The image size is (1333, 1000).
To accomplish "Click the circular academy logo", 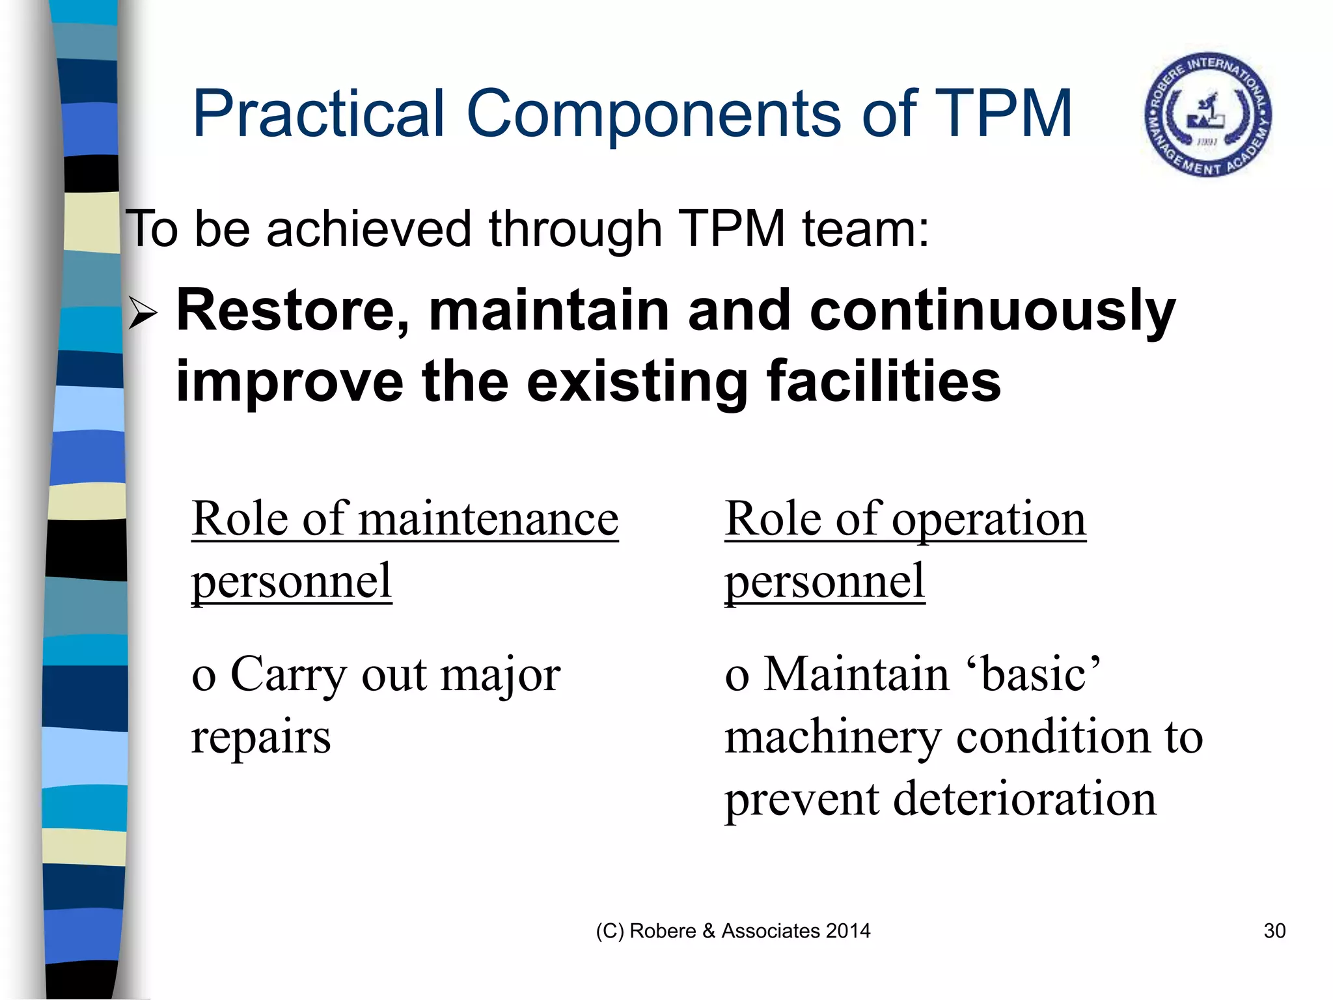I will [x=1208, y=115].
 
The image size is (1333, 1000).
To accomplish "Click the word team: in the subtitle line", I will [x=866, y=229].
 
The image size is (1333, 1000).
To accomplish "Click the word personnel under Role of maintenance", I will [x=292, y=581].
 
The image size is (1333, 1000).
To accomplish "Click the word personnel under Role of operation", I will [x=825, y=581].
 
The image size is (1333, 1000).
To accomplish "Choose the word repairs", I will [x=261, y=738].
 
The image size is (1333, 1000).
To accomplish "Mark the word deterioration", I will [x=1024, y=799].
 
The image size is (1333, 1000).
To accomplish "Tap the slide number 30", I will [x=1274, y=931].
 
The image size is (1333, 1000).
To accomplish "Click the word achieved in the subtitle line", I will [x=368, y=229].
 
